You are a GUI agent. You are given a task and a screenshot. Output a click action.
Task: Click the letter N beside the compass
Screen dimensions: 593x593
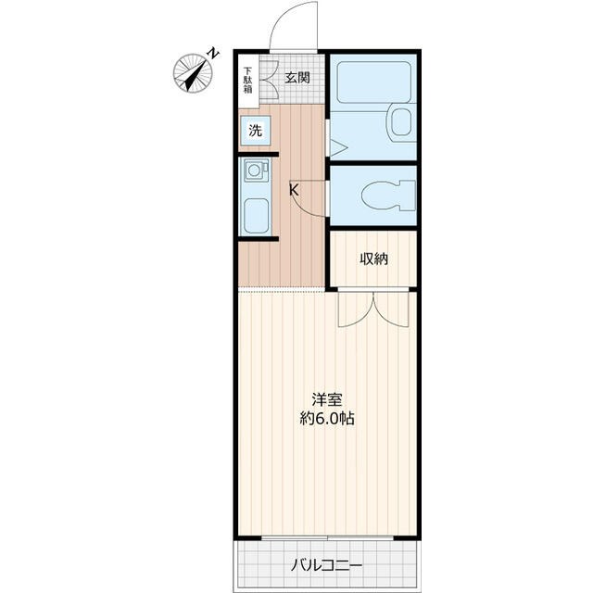pyautogui.click(x=214, y=53)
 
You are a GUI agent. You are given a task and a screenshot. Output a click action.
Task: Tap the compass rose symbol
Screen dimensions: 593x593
pyautogui.click(x=193, y=73)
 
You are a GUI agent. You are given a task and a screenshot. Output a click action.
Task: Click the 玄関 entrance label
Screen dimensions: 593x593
pyautogui.click(x=297, y=78)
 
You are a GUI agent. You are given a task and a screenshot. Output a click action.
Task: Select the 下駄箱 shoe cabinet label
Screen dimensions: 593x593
pyautogui.click(x=247, y=81)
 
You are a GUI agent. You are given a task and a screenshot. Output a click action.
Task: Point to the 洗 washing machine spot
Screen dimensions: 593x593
pyautogui.click(x=256, y=131)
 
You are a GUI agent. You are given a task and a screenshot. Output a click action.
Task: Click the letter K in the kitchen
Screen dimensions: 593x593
pyautogui.click(x=294, y=190)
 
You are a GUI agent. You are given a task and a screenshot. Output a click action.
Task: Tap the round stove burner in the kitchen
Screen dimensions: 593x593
pyautogui.click(x=254, y=170)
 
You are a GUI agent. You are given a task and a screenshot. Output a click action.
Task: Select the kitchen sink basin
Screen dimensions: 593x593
pyautogui.click(x=256, y=216)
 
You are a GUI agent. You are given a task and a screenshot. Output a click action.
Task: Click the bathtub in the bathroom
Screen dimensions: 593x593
pyautogui.click(x=374, y=82)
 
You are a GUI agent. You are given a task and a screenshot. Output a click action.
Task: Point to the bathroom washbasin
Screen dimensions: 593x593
pyautogui.click(x=401, y=122)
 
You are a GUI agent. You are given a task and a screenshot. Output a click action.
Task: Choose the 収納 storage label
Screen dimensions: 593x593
pyautogui.click(x=373, y=259)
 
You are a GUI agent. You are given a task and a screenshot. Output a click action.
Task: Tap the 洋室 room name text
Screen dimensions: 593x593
pyautogui.click(x=327, y=399)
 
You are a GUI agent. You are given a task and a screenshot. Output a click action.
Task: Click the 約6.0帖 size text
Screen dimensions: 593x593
pyautogui.click(x=327, y=418)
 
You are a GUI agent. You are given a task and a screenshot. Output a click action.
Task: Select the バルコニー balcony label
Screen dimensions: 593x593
pyautogui.click(x=327, y=566)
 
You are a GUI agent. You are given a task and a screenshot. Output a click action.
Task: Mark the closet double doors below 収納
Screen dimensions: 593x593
pyautogui.click(x=373, y=309)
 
